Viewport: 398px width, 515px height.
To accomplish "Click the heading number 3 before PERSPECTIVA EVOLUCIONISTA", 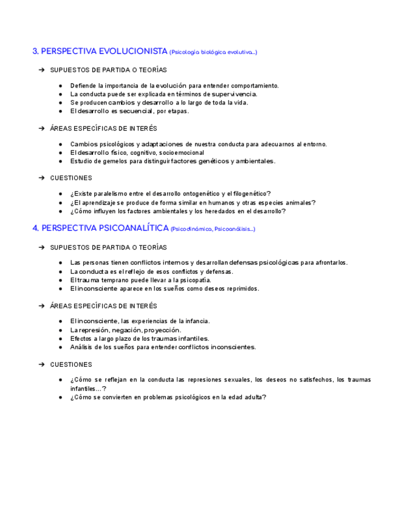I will point(35,52).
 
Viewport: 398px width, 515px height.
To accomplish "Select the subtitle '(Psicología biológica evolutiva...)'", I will point(213,52).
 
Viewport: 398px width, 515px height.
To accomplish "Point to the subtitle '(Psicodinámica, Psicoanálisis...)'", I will point(213,229).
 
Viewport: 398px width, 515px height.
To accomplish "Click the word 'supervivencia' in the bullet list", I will point(234,94).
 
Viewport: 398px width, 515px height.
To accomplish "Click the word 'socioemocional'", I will point(181,152).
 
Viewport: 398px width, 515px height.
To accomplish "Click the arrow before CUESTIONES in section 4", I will point(41,364).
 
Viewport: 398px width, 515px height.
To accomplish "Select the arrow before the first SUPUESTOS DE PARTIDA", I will point(41,70).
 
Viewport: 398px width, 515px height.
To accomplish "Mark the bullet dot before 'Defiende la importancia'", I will point(61,86).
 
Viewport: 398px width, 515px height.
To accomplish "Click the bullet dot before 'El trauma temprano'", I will point(61,280).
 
